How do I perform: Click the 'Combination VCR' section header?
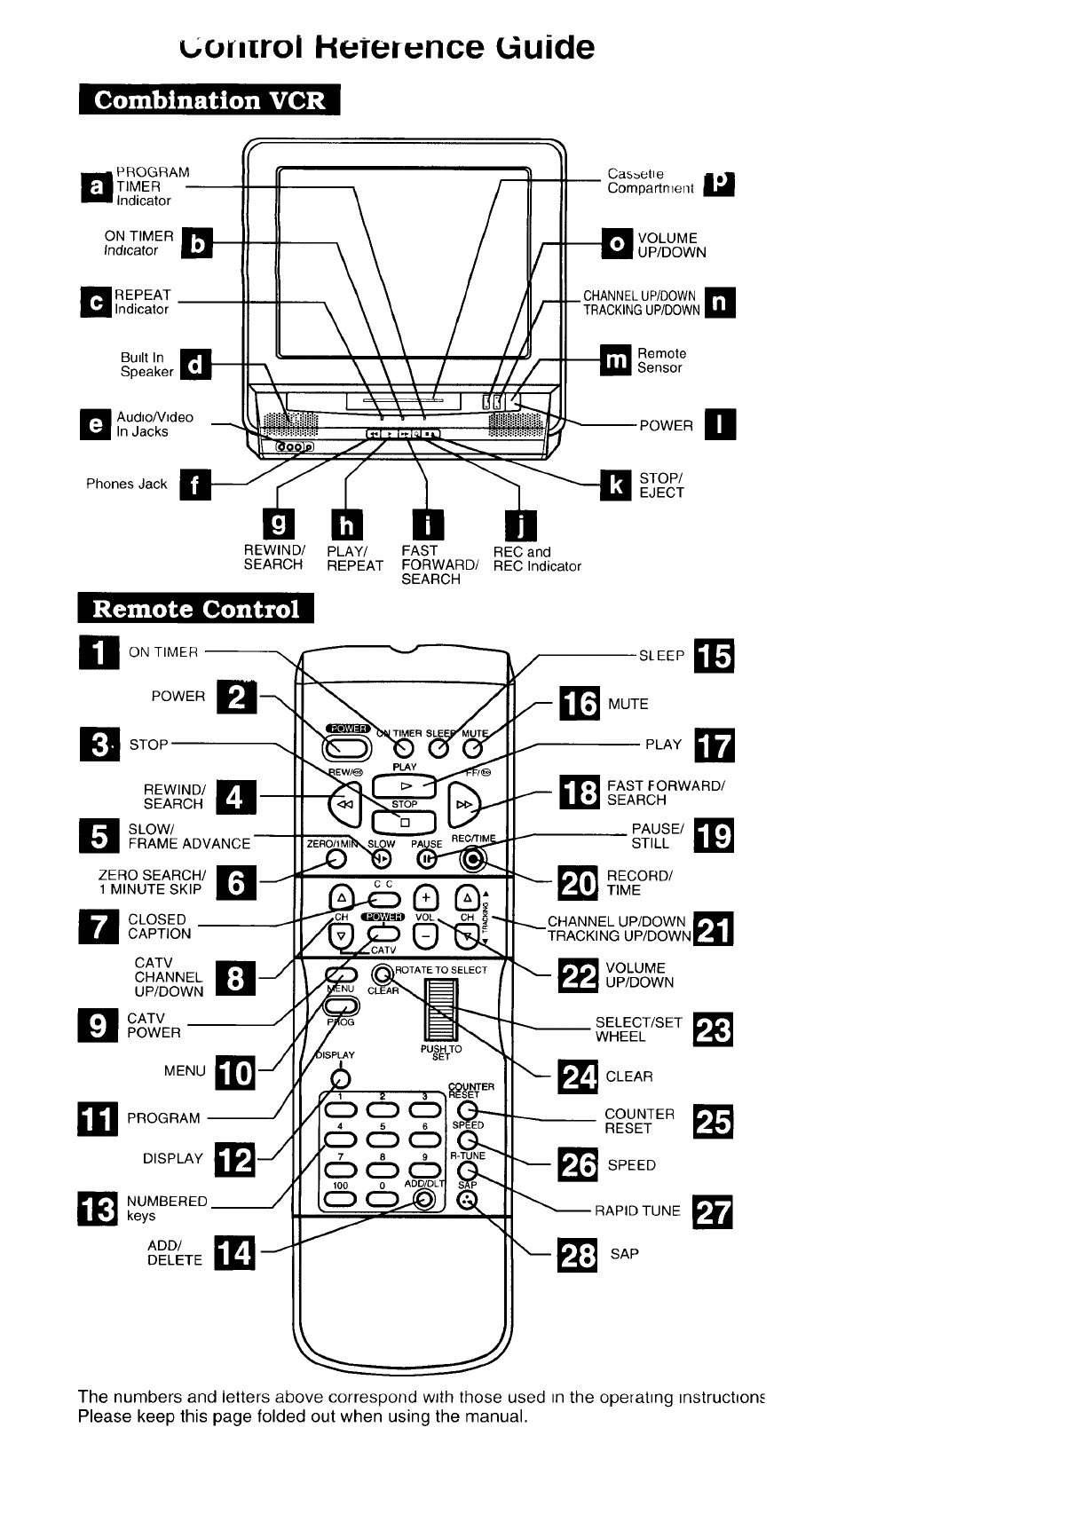click(209, 99)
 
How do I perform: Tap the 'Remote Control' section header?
click(196, 610)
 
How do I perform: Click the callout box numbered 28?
click(578, 1256)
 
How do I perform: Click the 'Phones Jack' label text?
click(126, 484)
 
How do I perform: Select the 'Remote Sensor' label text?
click(661, 360)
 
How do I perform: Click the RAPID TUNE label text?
click(637, 1210)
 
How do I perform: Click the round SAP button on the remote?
click(468, 1200)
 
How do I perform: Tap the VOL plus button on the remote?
click(426, 898)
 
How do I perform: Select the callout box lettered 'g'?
click(278, 524)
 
